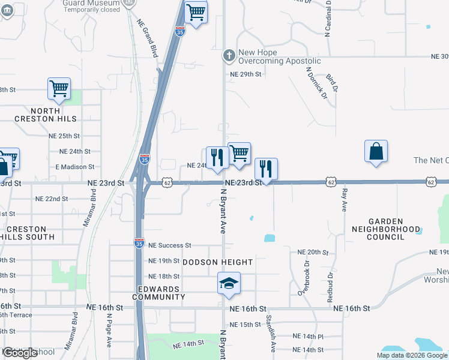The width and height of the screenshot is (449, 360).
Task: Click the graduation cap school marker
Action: pyautogui.click(x=229, y=283)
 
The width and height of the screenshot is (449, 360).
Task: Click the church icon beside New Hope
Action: pyautogui.click(x=228, y=56)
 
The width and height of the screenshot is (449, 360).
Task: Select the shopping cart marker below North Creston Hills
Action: pyautogui.click(x=59, y=88)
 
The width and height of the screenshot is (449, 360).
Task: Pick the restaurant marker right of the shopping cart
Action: pyautogui.click(x=266, y=169)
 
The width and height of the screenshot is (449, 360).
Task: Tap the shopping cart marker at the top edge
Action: pyautogui.click(x=196, y=11)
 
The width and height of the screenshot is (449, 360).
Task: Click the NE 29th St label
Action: pyautogui.click(x=247, y=74)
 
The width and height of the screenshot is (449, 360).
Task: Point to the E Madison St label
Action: pyautogui.click(x=74, y=167)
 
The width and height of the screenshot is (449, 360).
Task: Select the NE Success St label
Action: pyautogui.click(x=169, y=245)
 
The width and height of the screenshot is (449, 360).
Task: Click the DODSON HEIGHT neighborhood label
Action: pyautogui.click(x=218, y=262)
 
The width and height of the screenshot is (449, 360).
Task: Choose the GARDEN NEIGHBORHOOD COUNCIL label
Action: pyautogui.click(x=386, y=229)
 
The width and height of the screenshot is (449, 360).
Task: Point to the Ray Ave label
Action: pyautogui.click(x=345, y=200)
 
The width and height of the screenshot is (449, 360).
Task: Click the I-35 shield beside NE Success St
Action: pyautogui.click(x=138, y=242)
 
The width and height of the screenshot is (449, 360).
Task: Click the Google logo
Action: pyautogui.click(x=20, y=353)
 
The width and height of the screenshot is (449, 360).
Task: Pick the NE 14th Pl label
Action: pyautogui.click(x=308, y=337)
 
